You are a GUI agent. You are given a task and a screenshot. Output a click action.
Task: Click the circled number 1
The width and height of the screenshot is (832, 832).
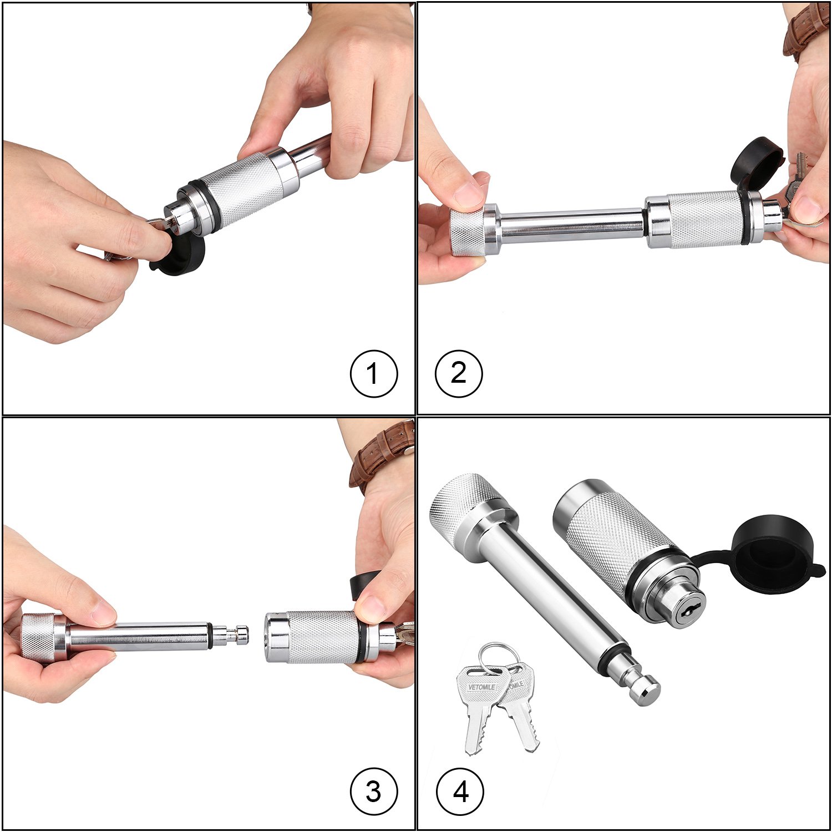click(x=374, y=373)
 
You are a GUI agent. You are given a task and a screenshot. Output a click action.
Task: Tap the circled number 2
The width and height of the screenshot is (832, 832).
click(x=459, y=373)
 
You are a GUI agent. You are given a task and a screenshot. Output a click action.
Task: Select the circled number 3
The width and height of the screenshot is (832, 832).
click(x=374, y=792)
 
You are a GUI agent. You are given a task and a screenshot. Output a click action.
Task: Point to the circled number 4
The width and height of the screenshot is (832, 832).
click(x=460, y=792)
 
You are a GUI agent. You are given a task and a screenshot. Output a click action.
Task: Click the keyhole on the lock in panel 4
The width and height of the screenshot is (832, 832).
click(x=690, y=611)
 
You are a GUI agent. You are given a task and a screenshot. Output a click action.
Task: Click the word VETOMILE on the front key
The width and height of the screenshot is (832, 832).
click(x=481, y=687)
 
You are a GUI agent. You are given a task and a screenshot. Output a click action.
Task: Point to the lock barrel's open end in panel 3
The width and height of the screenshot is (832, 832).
click(x=272, y=637)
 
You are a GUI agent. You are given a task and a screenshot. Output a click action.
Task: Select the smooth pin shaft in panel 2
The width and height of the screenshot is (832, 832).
click(x=571, y=225)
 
